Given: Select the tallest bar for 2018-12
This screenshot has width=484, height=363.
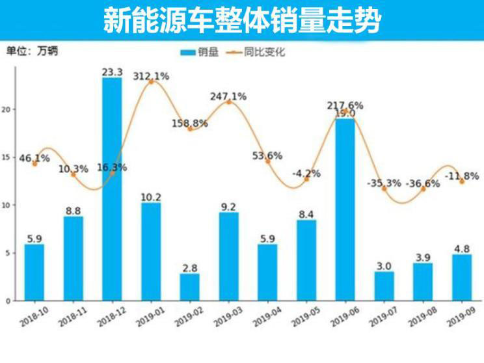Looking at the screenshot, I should tap(112, 189).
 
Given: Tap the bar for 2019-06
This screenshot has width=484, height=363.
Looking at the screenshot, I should tap(345, 208).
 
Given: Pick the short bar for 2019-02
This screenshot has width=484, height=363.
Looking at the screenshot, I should tap(190, 287).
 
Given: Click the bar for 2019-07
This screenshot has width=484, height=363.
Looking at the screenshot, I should tap(384, 286).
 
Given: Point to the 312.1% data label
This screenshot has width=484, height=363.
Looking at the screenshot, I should tap(151, 76).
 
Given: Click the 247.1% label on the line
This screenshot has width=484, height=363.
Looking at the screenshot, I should tap(228, 96).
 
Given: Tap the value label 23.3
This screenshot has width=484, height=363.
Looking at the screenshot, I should tap(112, 72).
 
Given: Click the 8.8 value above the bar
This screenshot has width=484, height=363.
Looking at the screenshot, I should tap(73, 211).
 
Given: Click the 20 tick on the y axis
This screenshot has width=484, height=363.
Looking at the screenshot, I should tap(8, 109).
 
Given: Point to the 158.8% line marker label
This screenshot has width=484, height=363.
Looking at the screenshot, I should tap(190, 123).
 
